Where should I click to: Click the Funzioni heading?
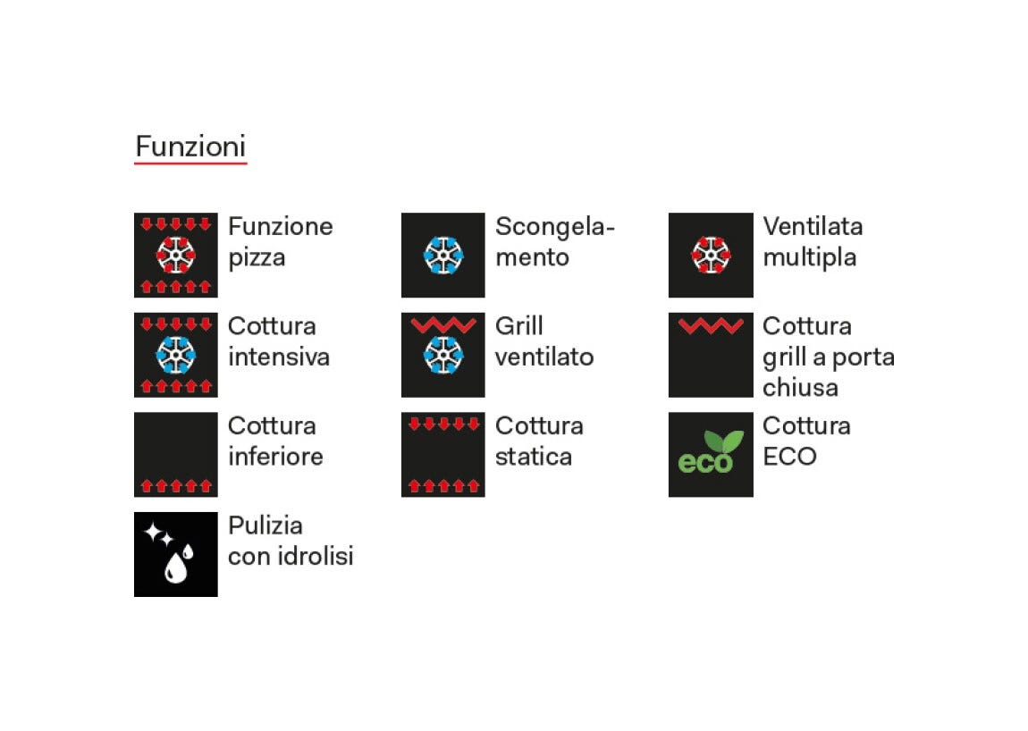[x=190, y=147]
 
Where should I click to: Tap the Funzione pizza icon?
[x=176, y=255]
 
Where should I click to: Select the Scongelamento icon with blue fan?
[x=443, y=255]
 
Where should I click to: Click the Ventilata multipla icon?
[x=711, y=255]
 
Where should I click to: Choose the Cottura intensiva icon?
[x=176, y=355]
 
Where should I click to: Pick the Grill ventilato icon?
[x=443, y=355]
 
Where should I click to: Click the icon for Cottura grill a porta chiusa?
[x=711, y=355]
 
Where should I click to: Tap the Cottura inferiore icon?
[x=176, y=454]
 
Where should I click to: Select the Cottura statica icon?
[x=443, y=454]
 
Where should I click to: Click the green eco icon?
[x=711, y=454]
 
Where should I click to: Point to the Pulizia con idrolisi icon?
[x=176, y=554]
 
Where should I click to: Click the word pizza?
[x=257, y=258]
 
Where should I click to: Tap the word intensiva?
[x=279, y=357]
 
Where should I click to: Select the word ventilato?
[x=544, y=357]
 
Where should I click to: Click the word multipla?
[x=810, y=258]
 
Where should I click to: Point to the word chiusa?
[x=801, y=388]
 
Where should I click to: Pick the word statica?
[x=534, y=457]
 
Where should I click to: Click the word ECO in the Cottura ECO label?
[x=789, y=457]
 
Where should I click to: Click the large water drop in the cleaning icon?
[x=176, y=567]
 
